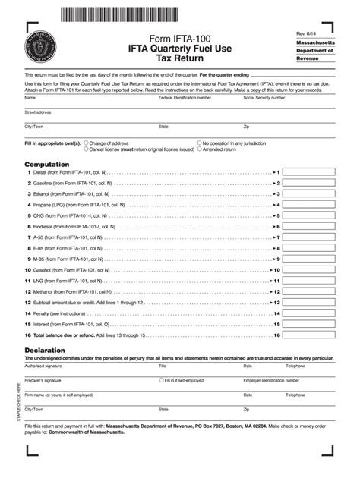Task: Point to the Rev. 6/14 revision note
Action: pos(308,34)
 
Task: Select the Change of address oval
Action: pos(87,143)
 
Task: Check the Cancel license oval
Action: pos(87,149)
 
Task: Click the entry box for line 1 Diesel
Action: pos(309,172)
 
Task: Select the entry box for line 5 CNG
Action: pos(309,215)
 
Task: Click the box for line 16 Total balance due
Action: pos(309,335)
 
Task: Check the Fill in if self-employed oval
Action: pos(160,380)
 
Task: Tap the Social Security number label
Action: pos(269,98)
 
